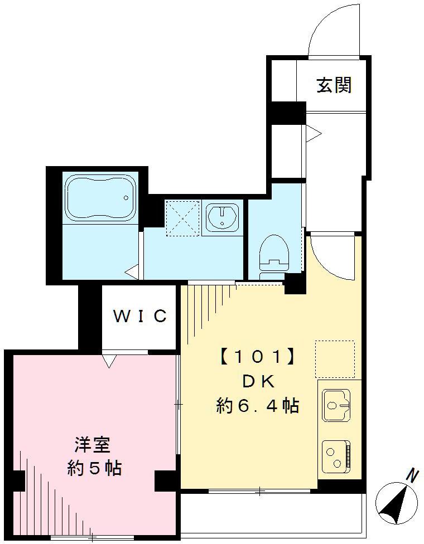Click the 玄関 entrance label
click(334, 85)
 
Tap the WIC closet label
click(140, 315)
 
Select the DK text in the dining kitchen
click(258, 382)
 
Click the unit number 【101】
click(258, 357)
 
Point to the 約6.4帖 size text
click(258, 405)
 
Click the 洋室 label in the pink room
click(93, 445)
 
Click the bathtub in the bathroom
click(100, 197)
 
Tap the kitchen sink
click(336, 405)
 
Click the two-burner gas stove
click(336, 456)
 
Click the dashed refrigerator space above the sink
click(335, 359)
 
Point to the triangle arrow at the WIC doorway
click(109, 361)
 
